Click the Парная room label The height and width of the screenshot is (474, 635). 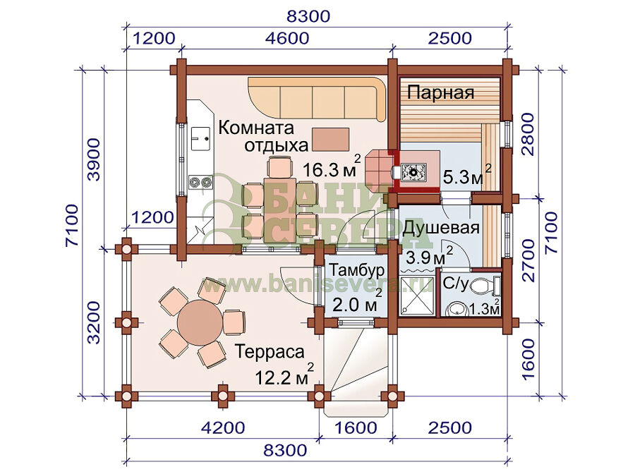[440, 92]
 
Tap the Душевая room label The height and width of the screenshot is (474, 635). [440, 228]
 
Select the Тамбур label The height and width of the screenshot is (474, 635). [356, 270]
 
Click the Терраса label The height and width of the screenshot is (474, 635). [270, 352]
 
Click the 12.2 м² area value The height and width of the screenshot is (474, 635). [284, 375]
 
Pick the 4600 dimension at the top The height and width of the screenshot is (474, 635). [287, 38]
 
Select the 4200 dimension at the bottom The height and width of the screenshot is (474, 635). [223, 428]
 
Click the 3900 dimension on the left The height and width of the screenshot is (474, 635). [94, 159]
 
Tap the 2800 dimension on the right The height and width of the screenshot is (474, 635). [528, 134]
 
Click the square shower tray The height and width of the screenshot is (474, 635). [417, 296]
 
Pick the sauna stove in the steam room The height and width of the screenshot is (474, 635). [413, 172]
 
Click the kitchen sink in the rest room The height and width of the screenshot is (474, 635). [200, 139]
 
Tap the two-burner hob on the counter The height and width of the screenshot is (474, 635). [200, 181]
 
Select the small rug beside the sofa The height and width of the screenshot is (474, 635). [330, 140]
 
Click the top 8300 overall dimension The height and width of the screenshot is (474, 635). [308, 16]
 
